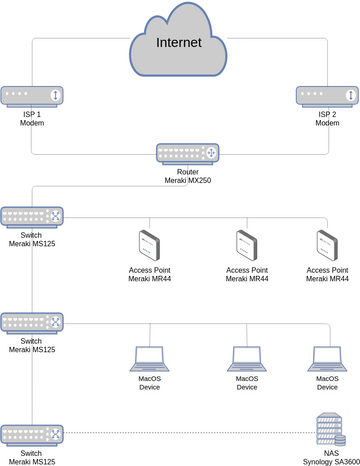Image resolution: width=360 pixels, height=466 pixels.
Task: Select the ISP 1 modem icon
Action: point(31,96)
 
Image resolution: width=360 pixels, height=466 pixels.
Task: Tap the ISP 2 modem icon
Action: point(326,96)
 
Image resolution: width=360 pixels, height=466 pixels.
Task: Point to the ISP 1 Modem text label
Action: point(31,120)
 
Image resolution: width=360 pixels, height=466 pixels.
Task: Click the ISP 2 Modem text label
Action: point(326,120)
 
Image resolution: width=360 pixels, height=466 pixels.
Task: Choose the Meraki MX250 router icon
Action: point(188,154)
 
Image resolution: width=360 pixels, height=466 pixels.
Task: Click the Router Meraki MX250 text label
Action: point(188,177)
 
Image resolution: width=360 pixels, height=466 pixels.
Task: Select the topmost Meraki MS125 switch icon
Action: point(32,216)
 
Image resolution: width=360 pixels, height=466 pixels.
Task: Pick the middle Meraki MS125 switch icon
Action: point(32,323)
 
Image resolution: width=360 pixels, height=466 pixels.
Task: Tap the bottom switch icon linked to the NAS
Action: point(32,434)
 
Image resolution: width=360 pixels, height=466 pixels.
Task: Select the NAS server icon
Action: point(326,429)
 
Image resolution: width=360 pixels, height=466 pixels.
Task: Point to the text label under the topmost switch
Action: point(32,240)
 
